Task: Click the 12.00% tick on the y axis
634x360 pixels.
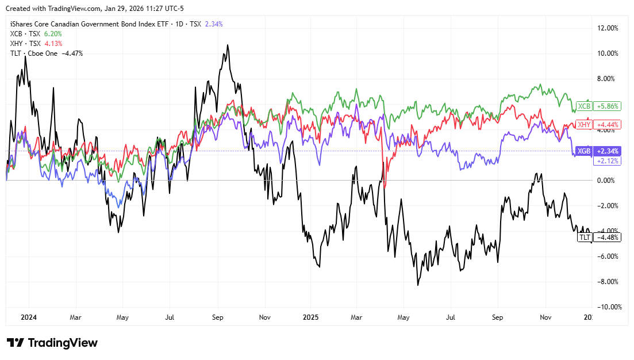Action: [609, 28]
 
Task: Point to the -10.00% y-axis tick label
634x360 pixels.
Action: [608, 307]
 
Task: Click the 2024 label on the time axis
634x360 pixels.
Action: [28, 317]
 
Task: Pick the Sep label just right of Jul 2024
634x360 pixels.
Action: [217, 317]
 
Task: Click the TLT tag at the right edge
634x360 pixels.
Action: [585, 238]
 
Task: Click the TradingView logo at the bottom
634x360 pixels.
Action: [52, 343]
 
